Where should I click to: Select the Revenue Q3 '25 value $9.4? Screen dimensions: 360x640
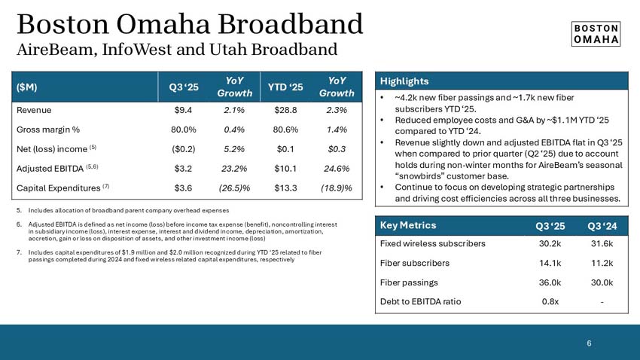tap(185, 110)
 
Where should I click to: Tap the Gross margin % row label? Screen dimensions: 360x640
tap(49, 129)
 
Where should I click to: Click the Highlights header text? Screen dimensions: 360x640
tap(404, 81)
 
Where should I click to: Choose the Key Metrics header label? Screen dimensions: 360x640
tap(408, 225)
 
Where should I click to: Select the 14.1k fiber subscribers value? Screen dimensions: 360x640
tap(549, 263)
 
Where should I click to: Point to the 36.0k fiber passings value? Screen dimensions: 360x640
tap(549, 282)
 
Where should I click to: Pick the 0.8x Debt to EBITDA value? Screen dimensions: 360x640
tap(549, 301)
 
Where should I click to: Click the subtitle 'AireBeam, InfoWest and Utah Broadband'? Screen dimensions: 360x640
tap(176, 50)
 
